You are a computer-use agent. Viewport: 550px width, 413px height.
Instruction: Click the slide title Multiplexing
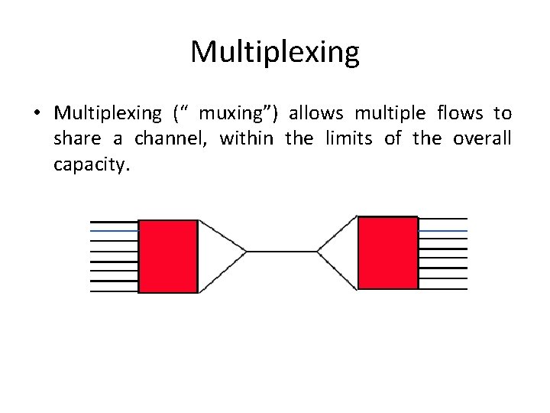274,52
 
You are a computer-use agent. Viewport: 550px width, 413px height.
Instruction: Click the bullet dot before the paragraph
36,115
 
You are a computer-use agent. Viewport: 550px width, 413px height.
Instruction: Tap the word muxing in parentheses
234,114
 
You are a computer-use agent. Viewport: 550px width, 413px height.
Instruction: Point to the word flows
460,114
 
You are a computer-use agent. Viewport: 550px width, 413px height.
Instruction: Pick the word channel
173,139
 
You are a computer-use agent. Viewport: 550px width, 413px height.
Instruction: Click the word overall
482,139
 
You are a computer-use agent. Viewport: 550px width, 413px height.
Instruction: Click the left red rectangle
168,256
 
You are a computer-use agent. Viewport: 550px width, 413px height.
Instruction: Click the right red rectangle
388,253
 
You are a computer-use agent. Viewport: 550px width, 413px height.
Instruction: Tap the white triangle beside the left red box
218,251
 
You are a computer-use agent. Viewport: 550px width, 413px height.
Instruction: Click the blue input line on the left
114,229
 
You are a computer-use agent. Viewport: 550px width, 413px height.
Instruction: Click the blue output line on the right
443,230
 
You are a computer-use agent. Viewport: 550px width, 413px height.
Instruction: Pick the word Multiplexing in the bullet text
108,114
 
